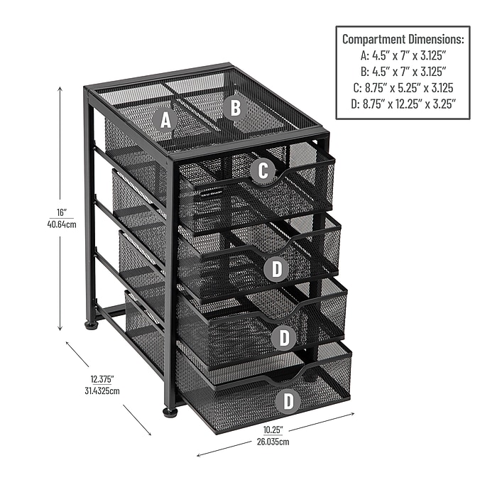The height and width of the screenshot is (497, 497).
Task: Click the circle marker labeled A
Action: [x=166, y=121]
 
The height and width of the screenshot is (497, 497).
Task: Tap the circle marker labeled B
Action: [x=236, y=108]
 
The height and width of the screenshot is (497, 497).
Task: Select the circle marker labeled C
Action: [x=263, y=171]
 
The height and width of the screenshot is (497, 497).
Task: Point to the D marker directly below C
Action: [x=276, y=269]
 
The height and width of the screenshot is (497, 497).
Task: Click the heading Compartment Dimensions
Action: [x=402, y=40]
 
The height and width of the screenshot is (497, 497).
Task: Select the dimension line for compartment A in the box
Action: [x=402, y=56]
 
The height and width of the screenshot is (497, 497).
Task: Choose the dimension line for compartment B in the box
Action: [x=402, y=72]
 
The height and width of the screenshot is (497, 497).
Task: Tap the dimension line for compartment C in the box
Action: [x=402, y=88]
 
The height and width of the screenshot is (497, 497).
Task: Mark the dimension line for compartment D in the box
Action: [x=402, y=104]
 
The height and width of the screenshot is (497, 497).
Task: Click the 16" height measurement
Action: [x=62, y=212]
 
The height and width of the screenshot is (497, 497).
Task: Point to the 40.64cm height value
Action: [x=62, y=224]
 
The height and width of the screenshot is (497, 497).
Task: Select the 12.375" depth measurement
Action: [x=102, y=379]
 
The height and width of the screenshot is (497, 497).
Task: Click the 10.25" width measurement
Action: [x=273, y=430]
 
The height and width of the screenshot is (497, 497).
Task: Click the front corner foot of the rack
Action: [x=170, y=412]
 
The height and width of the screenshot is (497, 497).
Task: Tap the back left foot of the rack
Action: [x=91, y=326]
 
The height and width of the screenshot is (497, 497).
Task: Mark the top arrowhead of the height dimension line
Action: [x=60, y=89]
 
